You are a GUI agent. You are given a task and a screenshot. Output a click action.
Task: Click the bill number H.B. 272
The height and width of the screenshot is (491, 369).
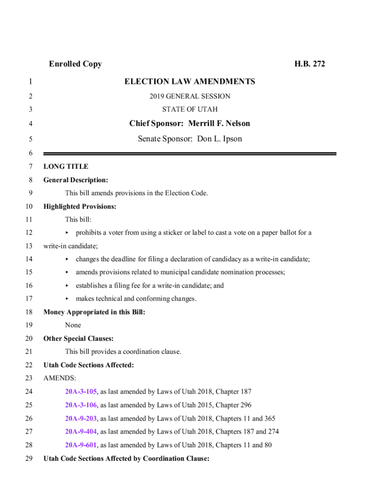[310, 64]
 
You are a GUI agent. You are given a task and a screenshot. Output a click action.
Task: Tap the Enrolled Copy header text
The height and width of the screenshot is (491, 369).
[75, 64]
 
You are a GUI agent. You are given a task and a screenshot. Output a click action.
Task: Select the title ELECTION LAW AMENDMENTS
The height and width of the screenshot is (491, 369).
[190, 82]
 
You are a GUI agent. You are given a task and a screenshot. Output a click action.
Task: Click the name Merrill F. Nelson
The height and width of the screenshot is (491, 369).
[219, 124]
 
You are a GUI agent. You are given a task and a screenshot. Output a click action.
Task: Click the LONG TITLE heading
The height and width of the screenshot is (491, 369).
[66, 167]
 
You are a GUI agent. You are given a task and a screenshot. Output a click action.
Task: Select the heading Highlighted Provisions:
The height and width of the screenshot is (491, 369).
[80, 207]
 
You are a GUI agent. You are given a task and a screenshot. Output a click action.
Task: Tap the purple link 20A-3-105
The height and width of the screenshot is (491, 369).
[81, 392]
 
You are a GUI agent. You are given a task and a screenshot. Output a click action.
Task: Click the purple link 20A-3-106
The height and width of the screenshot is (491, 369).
[81, 405]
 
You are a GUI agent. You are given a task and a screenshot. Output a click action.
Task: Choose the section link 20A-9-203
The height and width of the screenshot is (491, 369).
[81, 419]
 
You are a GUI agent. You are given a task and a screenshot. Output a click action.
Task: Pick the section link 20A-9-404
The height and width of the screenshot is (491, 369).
[81, 432]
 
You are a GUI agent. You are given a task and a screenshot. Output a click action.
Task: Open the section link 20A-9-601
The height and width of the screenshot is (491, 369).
[81, 445]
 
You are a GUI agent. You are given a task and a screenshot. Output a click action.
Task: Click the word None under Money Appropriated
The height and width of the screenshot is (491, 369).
[73, 325]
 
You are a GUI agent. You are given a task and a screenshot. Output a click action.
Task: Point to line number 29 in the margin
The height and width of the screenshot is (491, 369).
[28, 458]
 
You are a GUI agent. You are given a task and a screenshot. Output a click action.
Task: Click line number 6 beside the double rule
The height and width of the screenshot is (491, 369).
[30, 153]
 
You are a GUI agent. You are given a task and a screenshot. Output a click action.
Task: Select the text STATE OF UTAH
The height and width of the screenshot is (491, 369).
[190, 109]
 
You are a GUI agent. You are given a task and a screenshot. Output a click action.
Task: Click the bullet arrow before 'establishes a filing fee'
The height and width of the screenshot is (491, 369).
[67, 286]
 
